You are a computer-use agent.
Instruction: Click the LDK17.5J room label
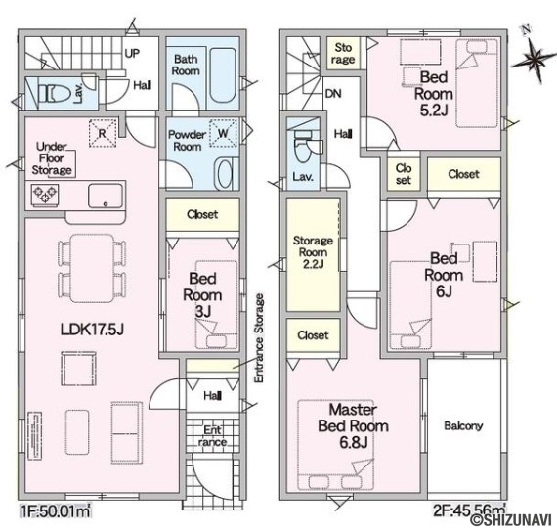92,330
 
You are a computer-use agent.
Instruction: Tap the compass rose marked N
534,57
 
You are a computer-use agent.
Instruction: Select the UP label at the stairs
132,54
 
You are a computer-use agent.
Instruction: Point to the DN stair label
333,94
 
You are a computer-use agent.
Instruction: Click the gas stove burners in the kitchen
45,195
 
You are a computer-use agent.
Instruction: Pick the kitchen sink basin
106,196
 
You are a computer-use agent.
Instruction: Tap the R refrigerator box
103,133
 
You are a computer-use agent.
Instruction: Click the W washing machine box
223,133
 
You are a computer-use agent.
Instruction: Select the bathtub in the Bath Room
223,75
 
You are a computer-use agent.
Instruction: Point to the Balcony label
463,425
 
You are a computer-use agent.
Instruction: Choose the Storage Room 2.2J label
313,252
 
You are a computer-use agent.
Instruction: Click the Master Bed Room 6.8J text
353,426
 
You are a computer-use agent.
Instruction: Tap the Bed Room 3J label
202,294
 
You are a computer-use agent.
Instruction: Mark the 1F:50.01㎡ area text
56,512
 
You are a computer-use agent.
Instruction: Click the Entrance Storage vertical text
260,338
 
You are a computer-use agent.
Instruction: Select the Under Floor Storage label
52,158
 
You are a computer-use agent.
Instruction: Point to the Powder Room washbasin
225,174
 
